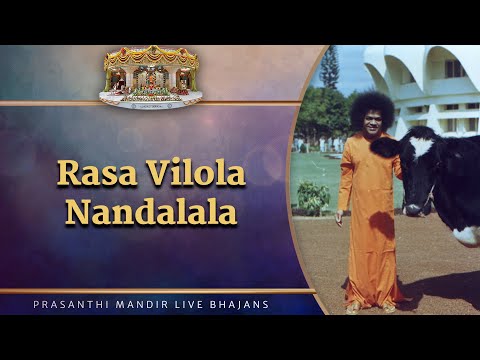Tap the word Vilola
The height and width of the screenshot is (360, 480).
[x=186, y=173]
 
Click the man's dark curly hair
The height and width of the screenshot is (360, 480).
[x=361, y=103]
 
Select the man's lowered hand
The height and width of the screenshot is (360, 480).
[x=344, y=216]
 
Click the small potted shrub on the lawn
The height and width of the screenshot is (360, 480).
[x=314, y=196]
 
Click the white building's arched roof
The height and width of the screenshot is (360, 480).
[x=420, y=70]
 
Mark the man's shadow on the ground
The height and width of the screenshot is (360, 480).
[x=430, y=295]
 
